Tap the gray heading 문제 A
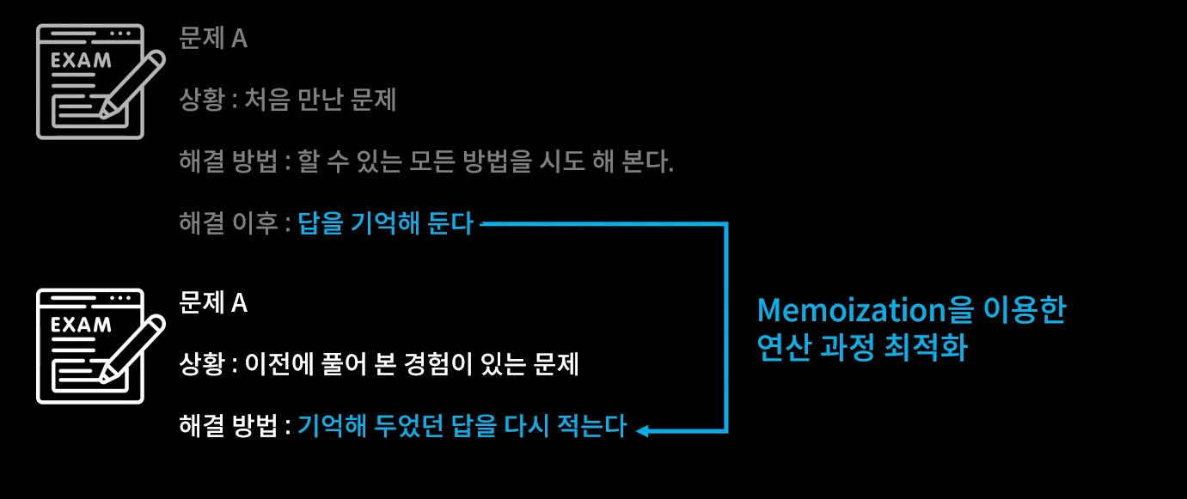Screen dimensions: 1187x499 213,39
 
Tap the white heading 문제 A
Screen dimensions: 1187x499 213,302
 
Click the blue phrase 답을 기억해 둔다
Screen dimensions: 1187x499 385,225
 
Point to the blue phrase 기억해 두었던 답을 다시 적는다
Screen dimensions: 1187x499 462,426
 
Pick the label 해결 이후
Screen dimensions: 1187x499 228,225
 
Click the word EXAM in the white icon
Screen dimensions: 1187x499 81,326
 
